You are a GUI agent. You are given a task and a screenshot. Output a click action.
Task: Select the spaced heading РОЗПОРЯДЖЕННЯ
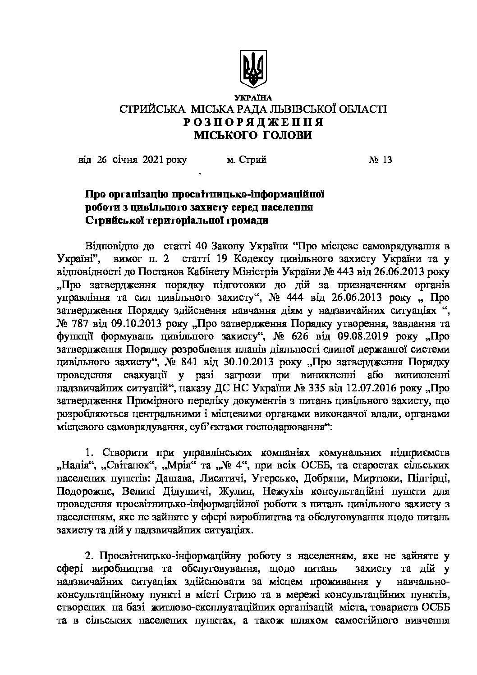[x=253, y=122]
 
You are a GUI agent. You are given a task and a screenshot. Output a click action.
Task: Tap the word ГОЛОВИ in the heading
[x=286, y=135]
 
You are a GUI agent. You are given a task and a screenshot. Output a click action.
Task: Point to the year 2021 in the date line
[x=153, y=159]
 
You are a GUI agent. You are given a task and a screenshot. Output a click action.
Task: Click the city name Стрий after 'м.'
[x=252, y=159]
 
